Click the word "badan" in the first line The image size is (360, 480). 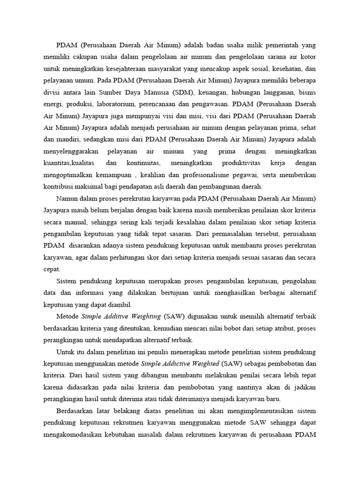pos(220,45)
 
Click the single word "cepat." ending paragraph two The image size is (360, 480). pos(52,268)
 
